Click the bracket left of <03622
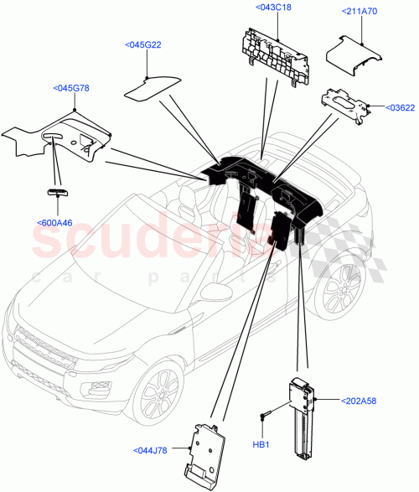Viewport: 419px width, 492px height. click(345, 106)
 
